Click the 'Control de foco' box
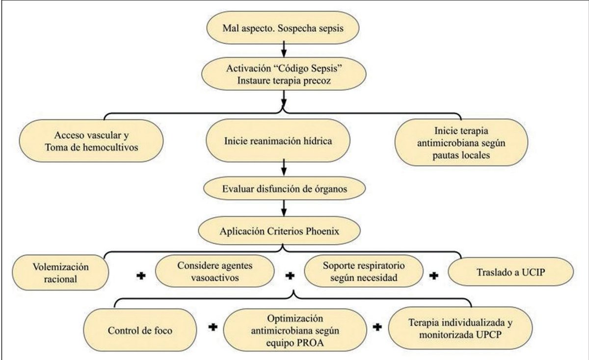140,330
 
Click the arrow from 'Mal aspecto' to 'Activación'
284,49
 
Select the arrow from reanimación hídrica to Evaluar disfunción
284,167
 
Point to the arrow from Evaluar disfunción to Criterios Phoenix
284,208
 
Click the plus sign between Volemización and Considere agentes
141,276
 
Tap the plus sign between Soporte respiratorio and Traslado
434,276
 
